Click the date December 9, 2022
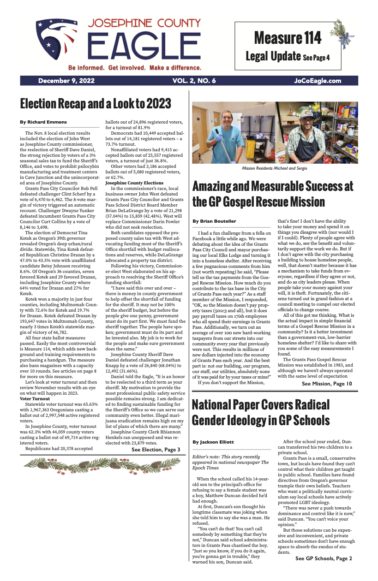[66, 81]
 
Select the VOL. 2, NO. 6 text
[194, 81]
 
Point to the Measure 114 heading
[287, 38]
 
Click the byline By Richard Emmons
[43, 122]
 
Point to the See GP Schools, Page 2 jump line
[323, 558]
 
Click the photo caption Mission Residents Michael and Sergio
[275, 168]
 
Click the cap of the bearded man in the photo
[312, 113]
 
